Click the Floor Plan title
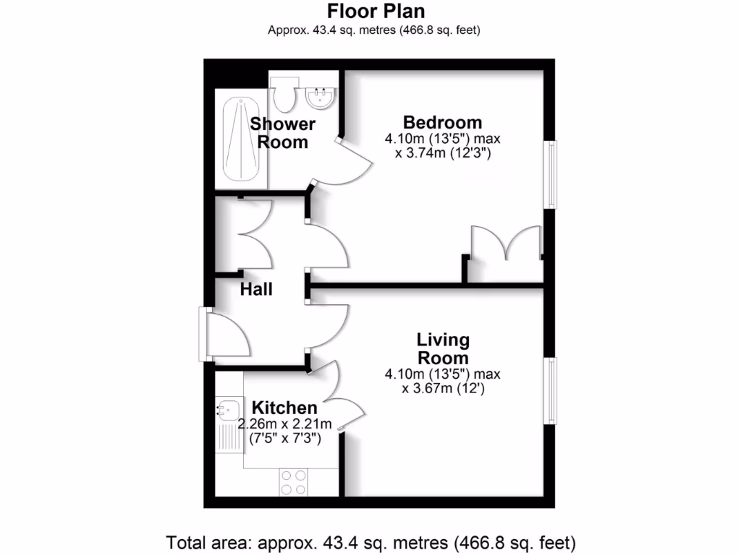point(376,12)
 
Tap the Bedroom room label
point(442,122)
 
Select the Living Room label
point(442,348)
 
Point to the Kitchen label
point(284,408)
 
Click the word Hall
point(256,290)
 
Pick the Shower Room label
point(283,133)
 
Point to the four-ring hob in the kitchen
point(293,482)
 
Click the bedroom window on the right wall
point(551,173)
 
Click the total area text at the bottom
point(370,541)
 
